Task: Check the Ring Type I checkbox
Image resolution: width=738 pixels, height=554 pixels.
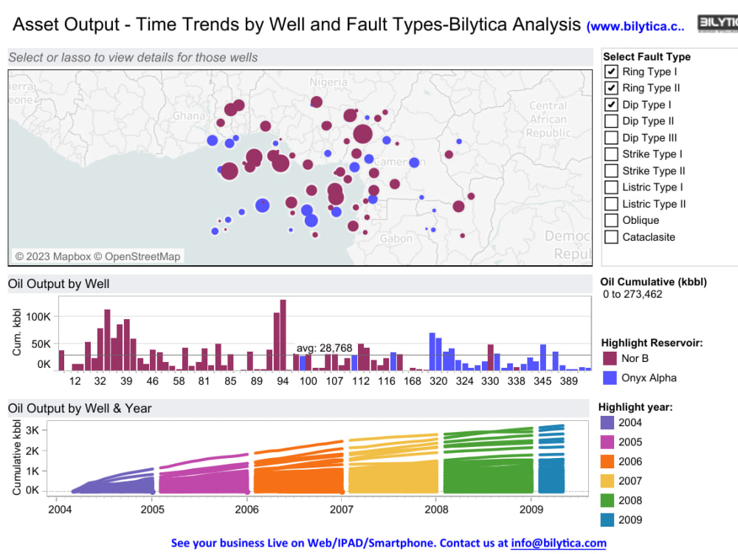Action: pyautogui.click(x=611, y=72)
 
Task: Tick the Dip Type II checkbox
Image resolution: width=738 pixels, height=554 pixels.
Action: pyautogui.click(x=611, y=121)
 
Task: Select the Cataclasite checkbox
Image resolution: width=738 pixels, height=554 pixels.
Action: pyautogui.click(x=611, y=237)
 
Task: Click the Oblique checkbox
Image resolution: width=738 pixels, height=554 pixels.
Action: pyautogui.click(x=611, y=220)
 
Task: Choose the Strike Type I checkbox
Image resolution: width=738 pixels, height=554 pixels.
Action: pyautogui.click(x=611, y=154)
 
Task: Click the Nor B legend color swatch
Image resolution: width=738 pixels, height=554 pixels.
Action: pyautogui.click(x=610, y=358)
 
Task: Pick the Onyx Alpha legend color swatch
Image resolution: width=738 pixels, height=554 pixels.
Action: pyautogui.click(x=610, y=377)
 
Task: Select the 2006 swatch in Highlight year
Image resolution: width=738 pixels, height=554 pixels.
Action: pyautogui.click(x=607, y=462)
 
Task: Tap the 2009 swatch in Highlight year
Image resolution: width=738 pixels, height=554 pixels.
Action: pyautogui.click(x=607, y=519)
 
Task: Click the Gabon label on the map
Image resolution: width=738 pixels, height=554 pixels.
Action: pyautogui.click(x=396, y=239)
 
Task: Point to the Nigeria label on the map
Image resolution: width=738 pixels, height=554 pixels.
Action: pyautogui.click(x=328, y=82)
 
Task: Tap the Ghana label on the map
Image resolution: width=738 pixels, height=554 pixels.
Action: pyautogui.click(x=189, y=116)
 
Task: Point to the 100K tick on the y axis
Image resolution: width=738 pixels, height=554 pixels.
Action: pyautogui.click(x=38, y=316)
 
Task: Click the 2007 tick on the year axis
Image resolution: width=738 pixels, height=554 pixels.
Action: pyautogui.click(x=342, y=509)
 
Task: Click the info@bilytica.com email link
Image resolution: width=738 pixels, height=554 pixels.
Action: pyautogui.click(x=558, y=543)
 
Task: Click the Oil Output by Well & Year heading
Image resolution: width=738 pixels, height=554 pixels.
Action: pyautogui.click(x=80, y=408)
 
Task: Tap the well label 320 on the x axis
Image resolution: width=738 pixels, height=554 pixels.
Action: pyautogui.click(x=438, y=381)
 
